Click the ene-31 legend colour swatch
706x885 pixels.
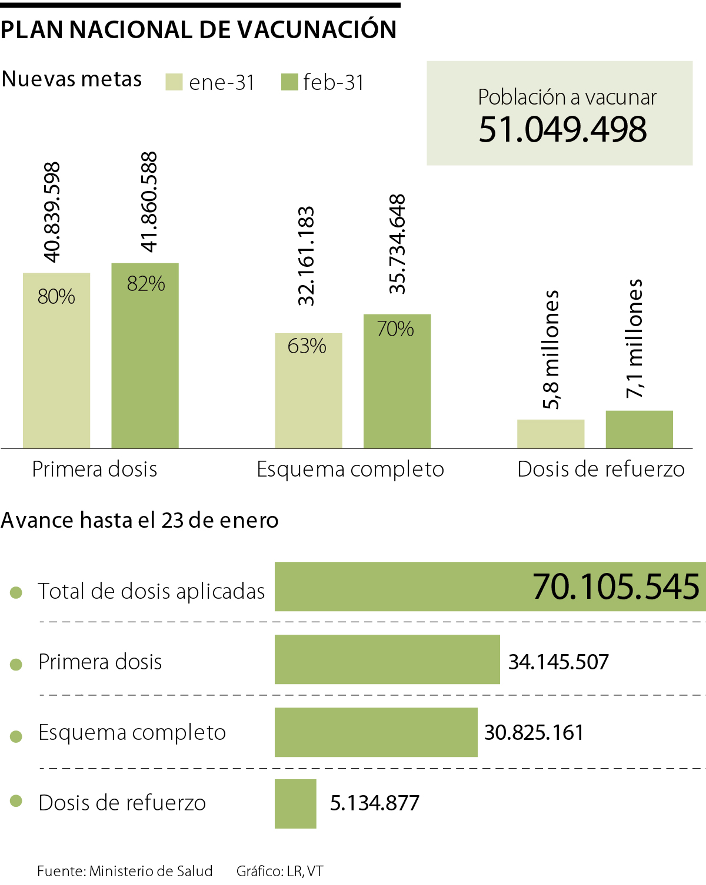(x=174, y=82)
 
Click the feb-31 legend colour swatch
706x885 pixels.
(x=289, y=82)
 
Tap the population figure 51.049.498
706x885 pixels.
(x=562, y=129)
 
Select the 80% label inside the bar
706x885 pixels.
(x=56, y=297)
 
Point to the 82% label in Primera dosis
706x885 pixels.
(x=146, y=284)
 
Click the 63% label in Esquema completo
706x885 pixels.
(x=307, y=346)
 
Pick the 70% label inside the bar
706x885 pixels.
(x=395, y=328)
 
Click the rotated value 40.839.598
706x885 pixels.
(x=52, y=212)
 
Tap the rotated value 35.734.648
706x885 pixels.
(x=398, y=244)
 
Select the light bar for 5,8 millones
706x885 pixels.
(x=551, y=434)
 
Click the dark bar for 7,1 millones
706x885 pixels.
(x=640, y=430)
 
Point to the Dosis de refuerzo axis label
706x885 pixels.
(x=601, y=469)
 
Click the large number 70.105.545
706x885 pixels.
(x=616, y=586)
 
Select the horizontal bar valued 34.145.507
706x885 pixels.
(x=387, y=659)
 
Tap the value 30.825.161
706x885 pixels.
(x=534, y=732)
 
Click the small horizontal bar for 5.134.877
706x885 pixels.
(x=295, y=803)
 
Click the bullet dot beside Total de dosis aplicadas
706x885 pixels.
(x=16, y=592)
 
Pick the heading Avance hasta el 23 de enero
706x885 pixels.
(x=139, y=520)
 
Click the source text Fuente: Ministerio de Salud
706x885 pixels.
(x=125, y=871)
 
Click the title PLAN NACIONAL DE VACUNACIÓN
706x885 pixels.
(x=199, y=29)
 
